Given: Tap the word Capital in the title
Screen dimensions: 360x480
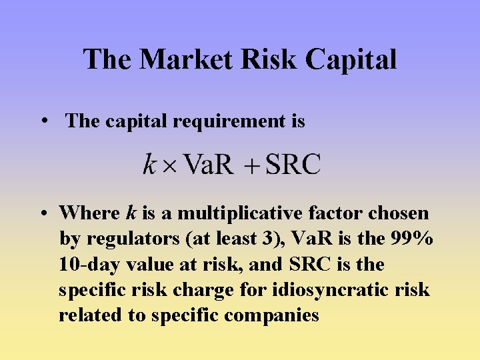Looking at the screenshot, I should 351,59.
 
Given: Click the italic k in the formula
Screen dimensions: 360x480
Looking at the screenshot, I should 149,163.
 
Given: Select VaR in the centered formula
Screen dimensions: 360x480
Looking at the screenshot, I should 208,163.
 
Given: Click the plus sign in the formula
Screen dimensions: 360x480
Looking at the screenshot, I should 251,165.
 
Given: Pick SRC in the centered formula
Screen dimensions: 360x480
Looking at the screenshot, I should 293,163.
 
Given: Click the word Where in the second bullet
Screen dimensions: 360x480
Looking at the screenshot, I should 89,213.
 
